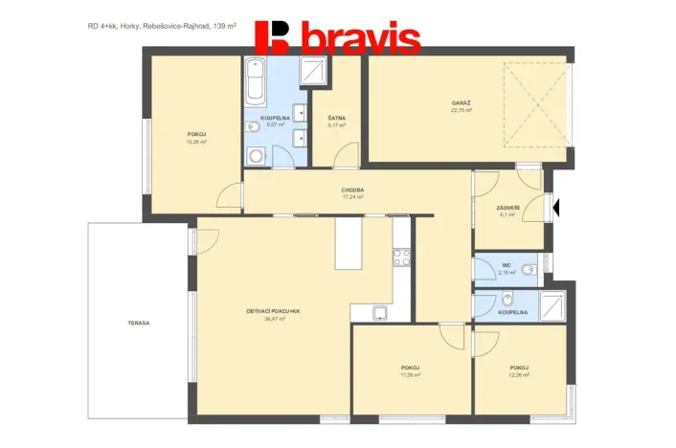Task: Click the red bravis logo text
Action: tap(360, 39)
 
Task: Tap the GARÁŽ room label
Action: tap(462, 102)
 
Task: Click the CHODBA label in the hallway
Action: tap(351, 190)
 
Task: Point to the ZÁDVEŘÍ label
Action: tap(507, 208)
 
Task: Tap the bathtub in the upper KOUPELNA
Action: tap(256, 82)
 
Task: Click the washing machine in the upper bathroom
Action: tap(256, 155)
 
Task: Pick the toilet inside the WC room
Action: tap(535, 266)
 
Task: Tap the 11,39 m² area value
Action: tap(411, 375)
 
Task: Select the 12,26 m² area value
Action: tap(519, 375)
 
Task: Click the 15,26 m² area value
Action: tap(196, 142)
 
